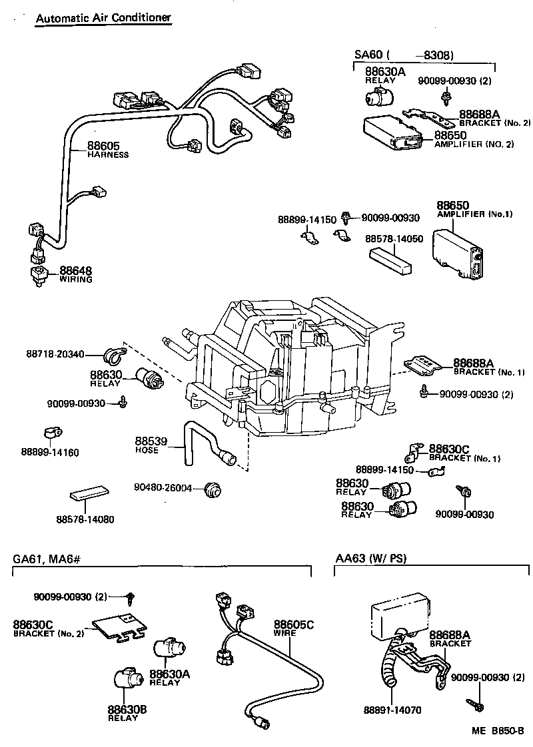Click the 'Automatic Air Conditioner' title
(103, 18)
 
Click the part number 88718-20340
(56, 354)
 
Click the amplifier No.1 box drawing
(458, 250)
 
